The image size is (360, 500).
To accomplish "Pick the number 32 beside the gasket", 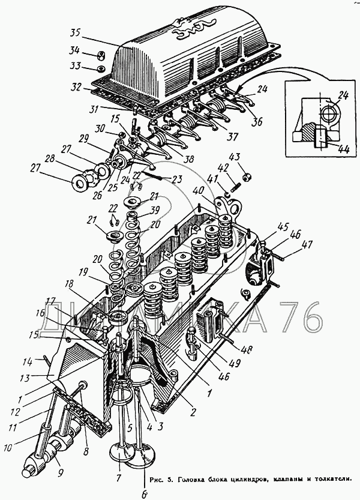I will tap(75, 87).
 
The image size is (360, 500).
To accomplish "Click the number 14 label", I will tap(43, 362).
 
